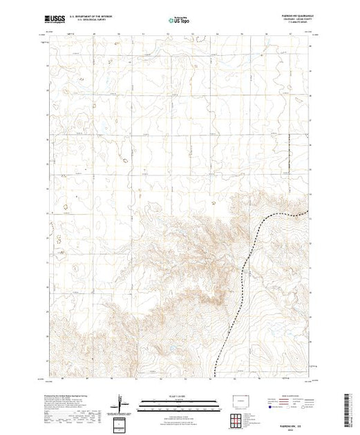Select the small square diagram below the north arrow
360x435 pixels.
122,423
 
